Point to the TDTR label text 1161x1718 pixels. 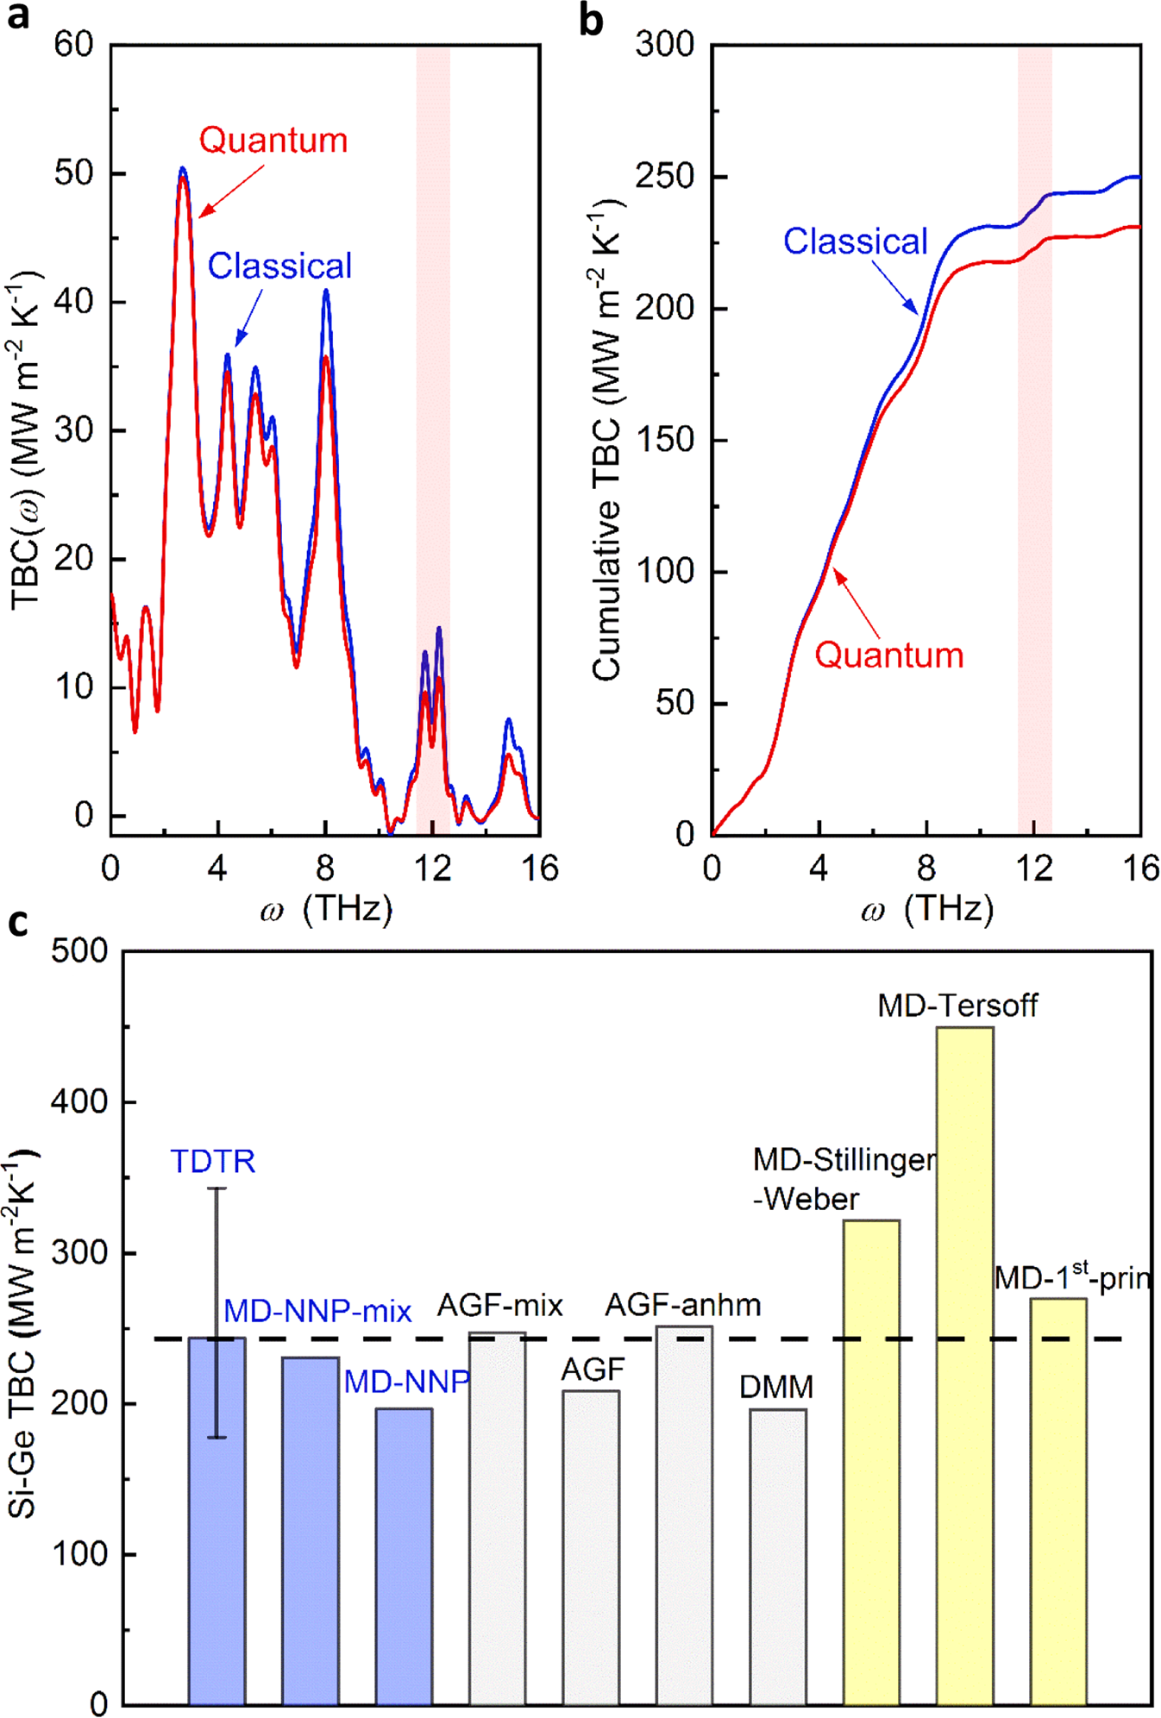212,1162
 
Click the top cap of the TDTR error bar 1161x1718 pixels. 217,1189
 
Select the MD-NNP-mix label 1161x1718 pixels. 317,1312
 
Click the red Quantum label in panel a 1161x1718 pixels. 273,141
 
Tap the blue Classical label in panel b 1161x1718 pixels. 855,241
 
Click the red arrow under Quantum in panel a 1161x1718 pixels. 231,191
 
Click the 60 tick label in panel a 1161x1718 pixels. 74,44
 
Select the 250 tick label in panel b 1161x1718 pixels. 664,177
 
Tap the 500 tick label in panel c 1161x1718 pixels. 79,951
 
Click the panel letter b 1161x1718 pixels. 591,21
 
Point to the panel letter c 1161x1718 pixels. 17,922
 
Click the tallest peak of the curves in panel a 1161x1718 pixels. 182,171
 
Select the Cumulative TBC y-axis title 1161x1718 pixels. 607,440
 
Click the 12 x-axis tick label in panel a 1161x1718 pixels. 431,868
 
